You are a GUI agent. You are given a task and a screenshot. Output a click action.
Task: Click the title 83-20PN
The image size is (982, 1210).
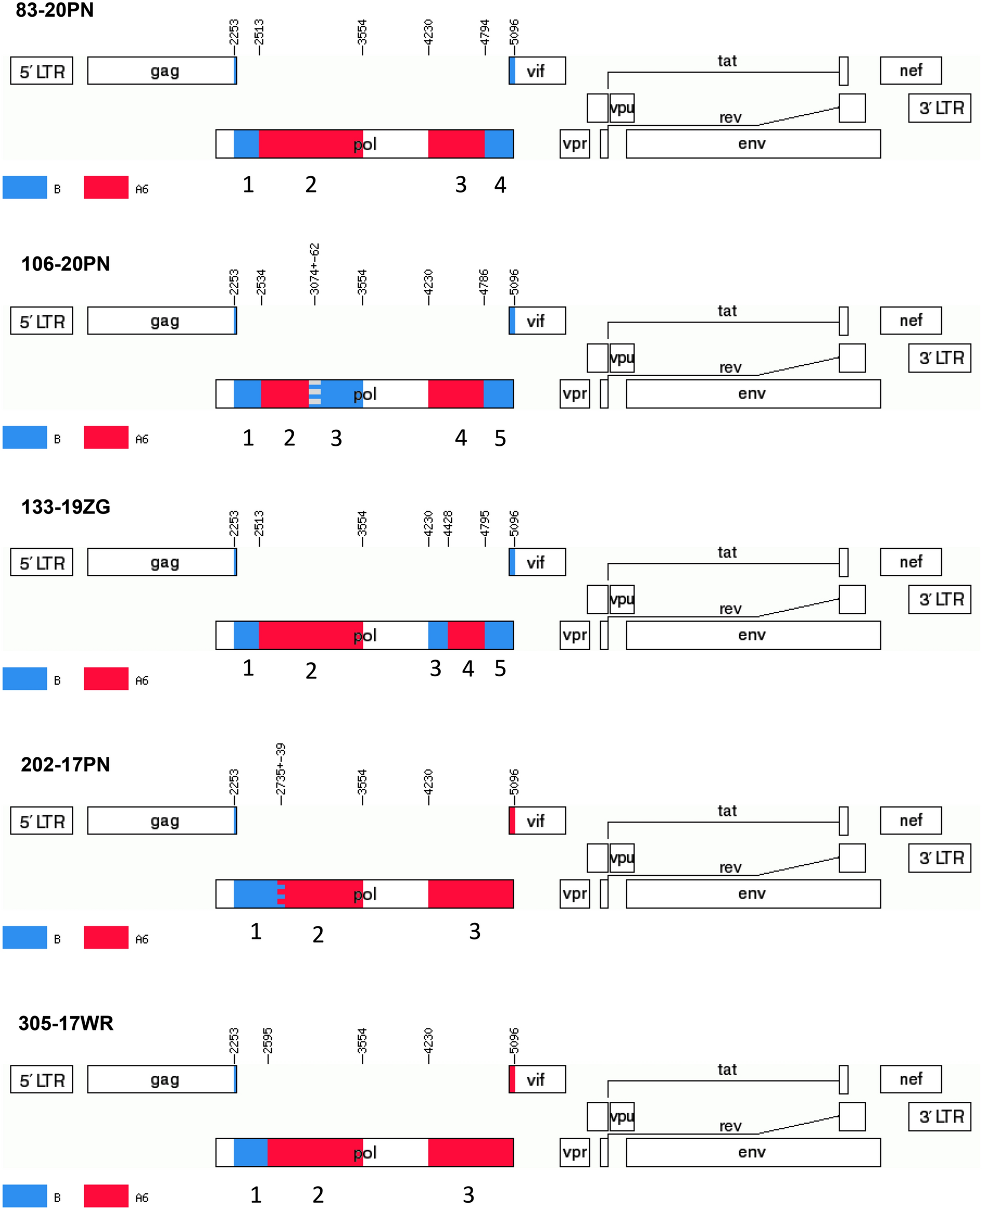coord(55,10)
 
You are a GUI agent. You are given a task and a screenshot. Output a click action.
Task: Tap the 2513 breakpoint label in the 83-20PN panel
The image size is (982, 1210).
coord(258,32)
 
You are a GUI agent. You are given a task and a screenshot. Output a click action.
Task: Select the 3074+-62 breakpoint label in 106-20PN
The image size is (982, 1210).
coord(315,269)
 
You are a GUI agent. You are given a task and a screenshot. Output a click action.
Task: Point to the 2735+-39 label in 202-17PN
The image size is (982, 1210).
coord(281,768)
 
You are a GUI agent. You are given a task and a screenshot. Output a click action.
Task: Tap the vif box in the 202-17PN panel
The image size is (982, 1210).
coord(537,821)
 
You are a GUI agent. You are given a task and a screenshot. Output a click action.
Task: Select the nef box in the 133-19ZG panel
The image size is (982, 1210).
coord(910,562)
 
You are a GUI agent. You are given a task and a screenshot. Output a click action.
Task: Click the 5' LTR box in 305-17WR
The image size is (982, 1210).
coord(42,1080)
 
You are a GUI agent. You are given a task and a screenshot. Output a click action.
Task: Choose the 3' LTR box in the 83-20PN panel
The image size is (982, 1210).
coord(939,108)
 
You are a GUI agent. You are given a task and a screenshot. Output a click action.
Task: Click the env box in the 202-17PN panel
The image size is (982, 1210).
coord(752,894)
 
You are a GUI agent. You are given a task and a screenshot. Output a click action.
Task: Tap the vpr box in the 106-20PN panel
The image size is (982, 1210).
coord(575,394)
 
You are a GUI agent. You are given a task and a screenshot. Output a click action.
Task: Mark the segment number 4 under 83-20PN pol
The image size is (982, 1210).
coord(500,185)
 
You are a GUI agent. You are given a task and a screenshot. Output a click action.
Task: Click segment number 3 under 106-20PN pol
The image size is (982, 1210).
coord(336,439)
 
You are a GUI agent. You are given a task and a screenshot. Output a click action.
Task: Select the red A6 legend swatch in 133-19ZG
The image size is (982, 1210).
coord(107,678)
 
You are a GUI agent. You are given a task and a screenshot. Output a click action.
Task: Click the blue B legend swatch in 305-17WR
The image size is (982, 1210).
coord(25,1196)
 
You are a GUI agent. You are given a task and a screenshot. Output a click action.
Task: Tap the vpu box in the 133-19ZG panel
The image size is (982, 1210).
coord(622,599)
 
